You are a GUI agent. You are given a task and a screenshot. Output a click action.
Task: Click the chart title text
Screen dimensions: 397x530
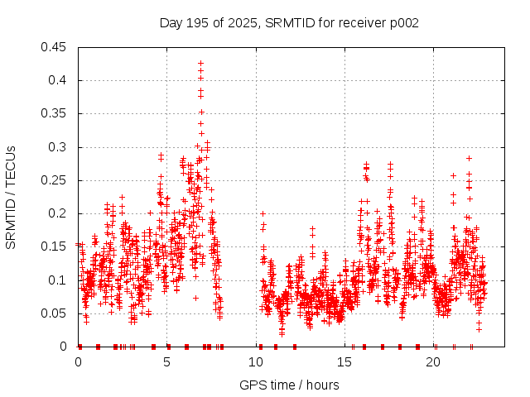tap(289, 23)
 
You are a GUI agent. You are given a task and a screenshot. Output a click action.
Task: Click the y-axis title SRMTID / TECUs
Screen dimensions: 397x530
tap(11, 197)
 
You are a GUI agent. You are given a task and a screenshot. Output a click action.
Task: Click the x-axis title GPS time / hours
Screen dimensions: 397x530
tap(289, 385)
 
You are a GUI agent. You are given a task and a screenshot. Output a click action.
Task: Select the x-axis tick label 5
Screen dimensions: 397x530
tap(167, 362)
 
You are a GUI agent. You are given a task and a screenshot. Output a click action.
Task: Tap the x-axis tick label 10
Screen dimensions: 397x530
tap(256, 362)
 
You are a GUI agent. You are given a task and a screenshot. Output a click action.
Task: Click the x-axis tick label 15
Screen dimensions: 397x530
tap(345, 362)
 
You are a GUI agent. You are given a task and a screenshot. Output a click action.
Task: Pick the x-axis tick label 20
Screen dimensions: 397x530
tap(434, 362)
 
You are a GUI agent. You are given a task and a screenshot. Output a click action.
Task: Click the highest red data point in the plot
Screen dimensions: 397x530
tap(200, 63)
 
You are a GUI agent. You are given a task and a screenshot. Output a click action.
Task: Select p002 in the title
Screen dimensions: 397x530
tap(403, 23)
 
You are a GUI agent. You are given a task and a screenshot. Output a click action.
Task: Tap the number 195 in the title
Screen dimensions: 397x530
tap(197, 23)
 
